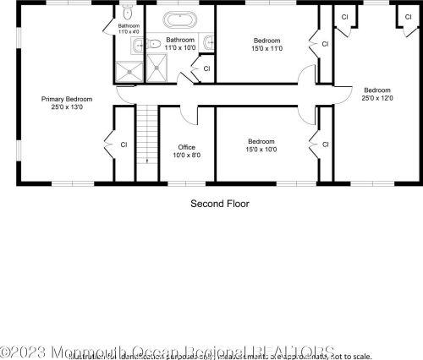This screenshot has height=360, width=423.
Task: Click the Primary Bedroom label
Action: coord(66,99)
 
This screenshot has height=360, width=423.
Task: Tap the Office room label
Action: coord(185,147)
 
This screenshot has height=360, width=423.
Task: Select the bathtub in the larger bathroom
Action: coord(179,19)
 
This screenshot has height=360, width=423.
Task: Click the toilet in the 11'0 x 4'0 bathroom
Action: coord(126,13)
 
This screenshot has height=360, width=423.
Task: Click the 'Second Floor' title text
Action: coord(219,204)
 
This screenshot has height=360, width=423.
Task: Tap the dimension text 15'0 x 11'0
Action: coord(267,48)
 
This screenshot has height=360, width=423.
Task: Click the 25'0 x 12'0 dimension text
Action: coord(377,98)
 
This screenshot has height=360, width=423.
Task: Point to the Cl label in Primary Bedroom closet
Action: coord(124,144)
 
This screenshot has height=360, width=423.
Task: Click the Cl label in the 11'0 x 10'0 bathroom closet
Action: coord(206,68)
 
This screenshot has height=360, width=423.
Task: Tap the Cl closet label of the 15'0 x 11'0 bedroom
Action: coord(324,44)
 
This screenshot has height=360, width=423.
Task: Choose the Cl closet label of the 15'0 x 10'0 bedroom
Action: coord(324,145)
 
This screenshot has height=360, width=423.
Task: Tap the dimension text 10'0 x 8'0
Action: coord(185,155)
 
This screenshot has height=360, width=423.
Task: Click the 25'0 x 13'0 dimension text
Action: coord(66,107)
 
